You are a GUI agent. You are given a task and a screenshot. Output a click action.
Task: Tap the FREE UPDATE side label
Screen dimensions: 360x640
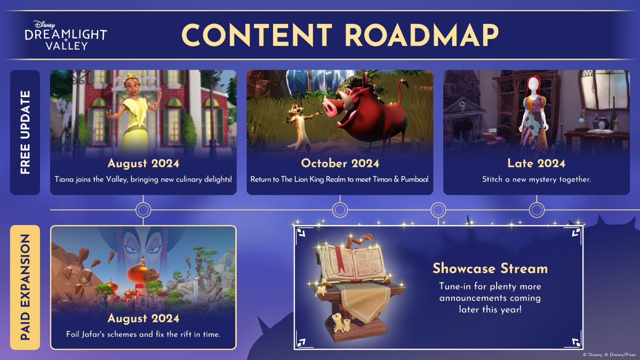coord(25,132)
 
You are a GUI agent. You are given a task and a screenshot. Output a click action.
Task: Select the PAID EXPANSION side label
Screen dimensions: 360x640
coord(25,287)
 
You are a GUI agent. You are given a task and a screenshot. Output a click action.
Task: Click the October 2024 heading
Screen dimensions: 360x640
coord(340,163)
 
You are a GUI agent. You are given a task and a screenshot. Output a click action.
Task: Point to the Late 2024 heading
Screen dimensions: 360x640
coord(537,163)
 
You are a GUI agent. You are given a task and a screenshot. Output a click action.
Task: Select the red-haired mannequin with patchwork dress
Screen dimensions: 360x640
coord(532,117)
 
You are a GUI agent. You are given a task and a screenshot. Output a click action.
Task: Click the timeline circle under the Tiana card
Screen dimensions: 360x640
coord(143,210)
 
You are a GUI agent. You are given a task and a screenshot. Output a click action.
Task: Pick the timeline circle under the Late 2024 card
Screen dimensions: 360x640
coord(537,210)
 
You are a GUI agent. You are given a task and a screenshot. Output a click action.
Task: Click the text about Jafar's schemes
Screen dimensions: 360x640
coord(143,334)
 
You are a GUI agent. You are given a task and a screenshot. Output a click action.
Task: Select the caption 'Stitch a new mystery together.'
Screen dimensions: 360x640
coord(537,179)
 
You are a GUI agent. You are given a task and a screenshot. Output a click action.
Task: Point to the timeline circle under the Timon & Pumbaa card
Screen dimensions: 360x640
coord(340,210)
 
